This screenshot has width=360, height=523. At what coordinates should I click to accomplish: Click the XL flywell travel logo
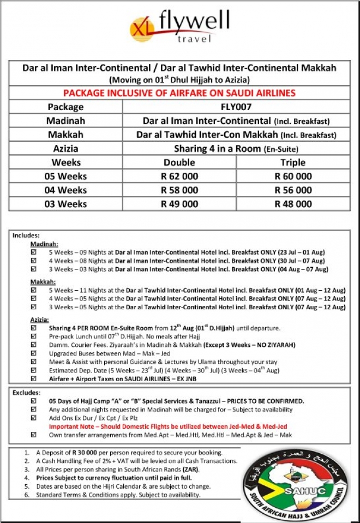pyautogui.click(x=179, y=28)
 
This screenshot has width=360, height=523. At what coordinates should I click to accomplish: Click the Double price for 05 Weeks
pyautogui.click(x=179, y=176)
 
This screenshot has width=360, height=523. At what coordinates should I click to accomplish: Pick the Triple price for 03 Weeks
pyautogui.click(x=293, y=204)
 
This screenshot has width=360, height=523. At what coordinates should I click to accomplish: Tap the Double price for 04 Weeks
pyautogui.click(x=179, y=190)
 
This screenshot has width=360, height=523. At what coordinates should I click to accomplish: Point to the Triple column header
pyautogui.click(x=293, y=163)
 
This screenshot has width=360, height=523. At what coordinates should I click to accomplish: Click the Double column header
pyautogui.click(x=179, y=163)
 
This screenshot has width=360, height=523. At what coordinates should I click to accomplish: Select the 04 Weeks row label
pyautogui.click(x=65, y=190)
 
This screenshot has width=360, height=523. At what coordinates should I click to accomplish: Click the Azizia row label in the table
pyautogui.click(x=65, y=148)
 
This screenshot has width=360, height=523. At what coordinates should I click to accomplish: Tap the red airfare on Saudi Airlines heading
pyautogui.click(x=179, y=93)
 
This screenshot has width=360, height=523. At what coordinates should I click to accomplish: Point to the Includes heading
pyautogui.click(x=26, y=236)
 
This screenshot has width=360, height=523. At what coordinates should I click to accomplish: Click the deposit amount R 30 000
pyautogui.click(x=89, y=453)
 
